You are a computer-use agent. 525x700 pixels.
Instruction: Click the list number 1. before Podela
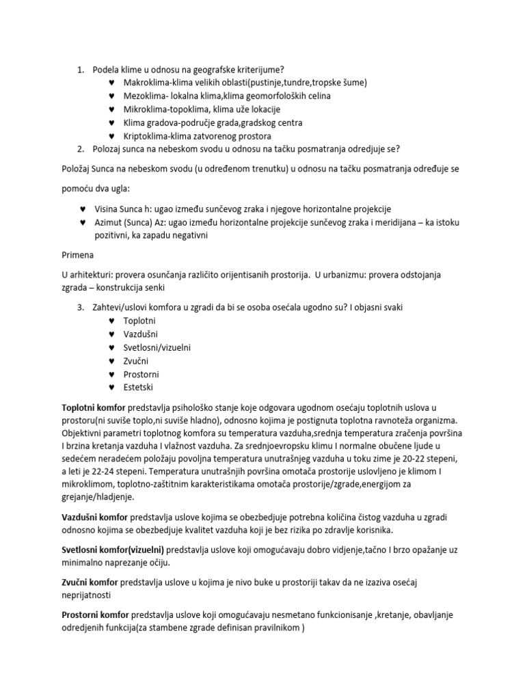point(79,70)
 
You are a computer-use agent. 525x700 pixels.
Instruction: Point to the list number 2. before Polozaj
point(79,149)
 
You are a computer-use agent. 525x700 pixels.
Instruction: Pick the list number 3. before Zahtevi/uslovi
point(79,307)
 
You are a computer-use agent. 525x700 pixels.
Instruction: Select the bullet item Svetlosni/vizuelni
point(157,347)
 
